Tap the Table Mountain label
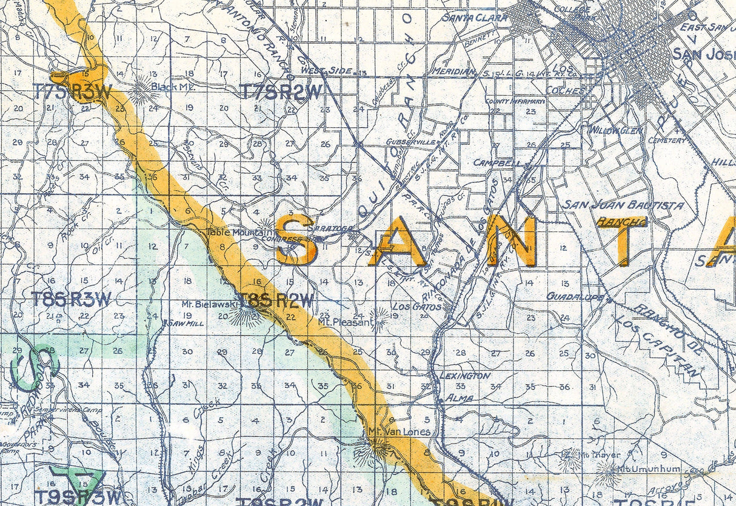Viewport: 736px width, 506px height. coord(233,231)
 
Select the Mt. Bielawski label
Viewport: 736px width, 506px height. coord(204,303)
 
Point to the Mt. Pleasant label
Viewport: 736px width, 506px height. coord(344,322)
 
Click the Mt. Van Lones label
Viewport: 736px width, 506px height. coord(400,431)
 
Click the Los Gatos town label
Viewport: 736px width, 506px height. coord(410,306)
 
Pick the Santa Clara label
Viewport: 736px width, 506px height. coord(475,18)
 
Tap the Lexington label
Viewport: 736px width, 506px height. coord(465,376)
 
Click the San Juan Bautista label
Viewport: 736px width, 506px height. coord(624,205)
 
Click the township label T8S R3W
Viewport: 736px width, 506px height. coord(71,299)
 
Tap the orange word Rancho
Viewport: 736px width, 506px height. coord(621,222)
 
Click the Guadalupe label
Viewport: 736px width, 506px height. coord(576,296)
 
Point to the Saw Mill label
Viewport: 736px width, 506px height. coord(186,324)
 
